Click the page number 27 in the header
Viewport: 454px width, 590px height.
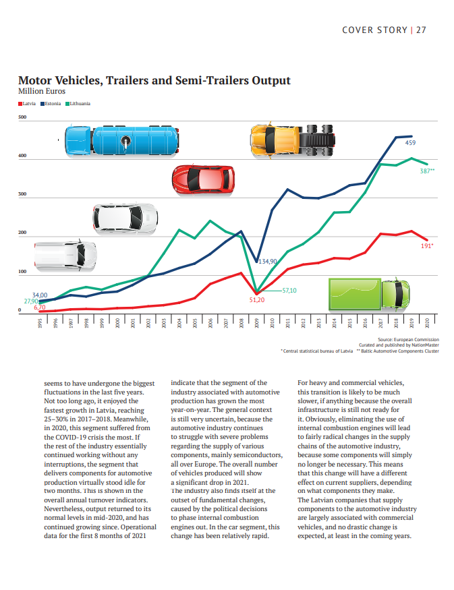(x=421, y=30)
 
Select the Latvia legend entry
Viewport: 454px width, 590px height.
(x=27, y=103)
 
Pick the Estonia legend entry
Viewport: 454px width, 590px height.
(x=51, y=103)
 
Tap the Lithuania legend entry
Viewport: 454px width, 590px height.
(x=78, y=103)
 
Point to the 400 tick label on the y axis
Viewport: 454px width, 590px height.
(x=22, y=155)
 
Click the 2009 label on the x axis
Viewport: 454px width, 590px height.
(x=257, y=323)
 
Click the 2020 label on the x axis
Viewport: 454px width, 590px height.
(x=427, y=323)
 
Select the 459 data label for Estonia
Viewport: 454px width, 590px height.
(x=410, y=142)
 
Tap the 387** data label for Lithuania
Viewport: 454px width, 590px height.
(x=427, y=171)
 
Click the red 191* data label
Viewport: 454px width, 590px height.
(x=427, y=245)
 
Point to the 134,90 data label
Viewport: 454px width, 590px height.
(x=268, y=261)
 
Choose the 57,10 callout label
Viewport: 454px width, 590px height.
(x=289, y=291)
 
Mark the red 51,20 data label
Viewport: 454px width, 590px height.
(x=257, y=300)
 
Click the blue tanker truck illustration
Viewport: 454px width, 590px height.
(x=121, y=141)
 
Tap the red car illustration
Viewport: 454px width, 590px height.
(x=203, y=179)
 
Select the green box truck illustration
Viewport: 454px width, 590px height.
(x=369, y=294)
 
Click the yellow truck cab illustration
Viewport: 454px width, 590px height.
(x=293, y=141)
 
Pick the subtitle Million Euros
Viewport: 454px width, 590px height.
(x=42, y=91)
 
